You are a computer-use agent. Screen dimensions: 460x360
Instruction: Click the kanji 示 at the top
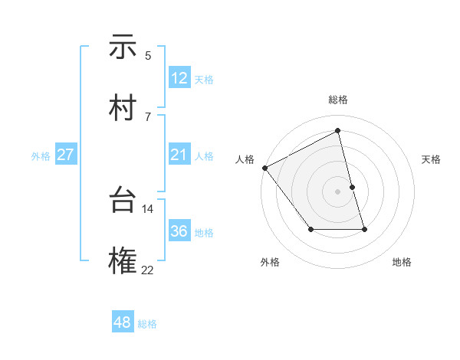123,47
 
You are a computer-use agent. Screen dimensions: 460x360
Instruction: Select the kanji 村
123,109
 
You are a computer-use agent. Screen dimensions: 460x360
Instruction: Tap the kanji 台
123,201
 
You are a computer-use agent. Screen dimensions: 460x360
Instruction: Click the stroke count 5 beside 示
148,55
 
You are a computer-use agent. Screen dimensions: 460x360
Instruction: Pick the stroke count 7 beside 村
148,116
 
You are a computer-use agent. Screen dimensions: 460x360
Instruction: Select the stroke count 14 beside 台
148,208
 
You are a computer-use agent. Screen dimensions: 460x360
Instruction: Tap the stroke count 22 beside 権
148,270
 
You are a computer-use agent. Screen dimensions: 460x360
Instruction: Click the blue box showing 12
179,78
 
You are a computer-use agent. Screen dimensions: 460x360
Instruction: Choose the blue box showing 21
179,155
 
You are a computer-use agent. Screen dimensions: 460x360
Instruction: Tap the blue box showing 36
179,231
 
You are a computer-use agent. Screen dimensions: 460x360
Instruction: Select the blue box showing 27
66,155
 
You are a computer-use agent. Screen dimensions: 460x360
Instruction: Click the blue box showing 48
123,322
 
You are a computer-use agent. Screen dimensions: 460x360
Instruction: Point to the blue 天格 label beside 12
204,80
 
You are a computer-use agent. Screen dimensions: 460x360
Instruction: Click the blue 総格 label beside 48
147,324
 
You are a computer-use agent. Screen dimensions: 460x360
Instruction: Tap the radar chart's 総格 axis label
338,100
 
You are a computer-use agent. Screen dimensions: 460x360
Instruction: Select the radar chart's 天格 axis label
431,159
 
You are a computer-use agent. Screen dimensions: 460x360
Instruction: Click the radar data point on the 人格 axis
264,167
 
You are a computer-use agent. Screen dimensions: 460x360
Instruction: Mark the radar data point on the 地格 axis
364,228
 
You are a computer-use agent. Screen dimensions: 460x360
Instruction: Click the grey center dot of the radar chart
338,191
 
